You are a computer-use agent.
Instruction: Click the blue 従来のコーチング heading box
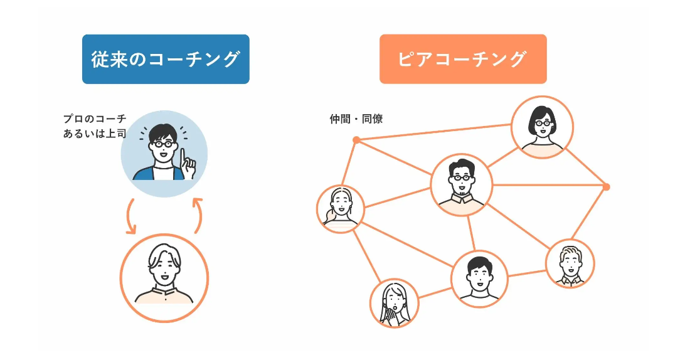coord(166,59)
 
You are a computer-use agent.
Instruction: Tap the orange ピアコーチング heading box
coord(462,59)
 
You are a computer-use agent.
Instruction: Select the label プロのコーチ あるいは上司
coord(95,126)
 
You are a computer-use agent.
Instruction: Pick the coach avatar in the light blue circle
coord(164,154)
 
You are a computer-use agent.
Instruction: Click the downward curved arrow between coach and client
coord(130,217)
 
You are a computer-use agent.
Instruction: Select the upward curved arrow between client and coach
coord(198,216)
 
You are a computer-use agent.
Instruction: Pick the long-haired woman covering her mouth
coord(394,303)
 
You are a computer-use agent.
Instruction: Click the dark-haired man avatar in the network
coord(479,278)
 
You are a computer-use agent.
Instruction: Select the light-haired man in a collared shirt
coord(570,263)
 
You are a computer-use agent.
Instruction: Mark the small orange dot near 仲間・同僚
coord(356,139)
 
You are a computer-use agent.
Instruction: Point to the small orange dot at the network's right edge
coord(605,186)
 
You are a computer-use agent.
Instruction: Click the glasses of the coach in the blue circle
coord(163,144)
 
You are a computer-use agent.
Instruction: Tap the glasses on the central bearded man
coord(461,177)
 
